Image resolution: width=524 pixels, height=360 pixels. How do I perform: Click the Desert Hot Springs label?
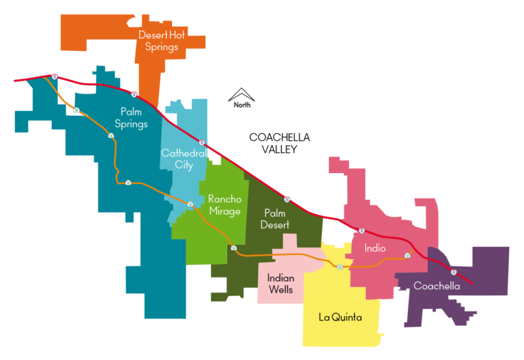(x=158, y=41)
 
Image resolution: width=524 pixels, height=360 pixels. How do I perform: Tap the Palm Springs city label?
(x=134, y=117)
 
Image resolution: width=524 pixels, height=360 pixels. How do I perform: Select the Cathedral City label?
(x=184, y=159)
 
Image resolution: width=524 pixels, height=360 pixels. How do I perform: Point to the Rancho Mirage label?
(x=224, y=205)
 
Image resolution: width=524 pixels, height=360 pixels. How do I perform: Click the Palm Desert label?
(x=276, y=219)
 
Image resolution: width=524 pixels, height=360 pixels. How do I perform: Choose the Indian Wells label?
(x=280, y=284)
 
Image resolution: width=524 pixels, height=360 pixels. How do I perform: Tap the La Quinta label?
(x=340, y=317)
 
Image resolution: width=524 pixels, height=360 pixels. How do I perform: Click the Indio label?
(x=375, y=248)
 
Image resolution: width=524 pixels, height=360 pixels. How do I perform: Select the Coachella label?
(x=437, y=286)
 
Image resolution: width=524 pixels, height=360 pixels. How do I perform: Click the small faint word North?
(x=242, y=105)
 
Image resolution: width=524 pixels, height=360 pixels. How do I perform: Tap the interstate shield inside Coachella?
(x=453, y=271)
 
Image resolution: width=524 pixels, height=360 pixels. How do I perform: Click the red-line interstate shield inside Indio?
(x=362, y=231)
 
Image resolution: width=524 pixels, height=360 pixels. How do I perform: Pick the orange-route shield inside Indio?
(x=407, y=255)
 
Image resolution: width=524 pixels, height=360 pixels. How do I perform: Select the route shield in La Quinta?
(x=339, y=265)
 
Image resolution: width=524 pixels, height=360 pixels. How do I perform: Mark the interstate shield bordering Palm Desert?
(x=287, y=199)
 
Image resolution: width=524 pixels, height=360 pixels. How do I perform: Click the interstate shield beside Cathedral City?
(x=202, y=142)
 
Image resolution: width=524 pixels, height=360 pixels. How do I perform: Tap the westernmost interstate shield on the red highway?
(x=54, y=76)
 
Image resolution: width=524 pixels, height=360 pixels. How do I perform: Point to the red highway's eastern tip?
(x=471, y=283)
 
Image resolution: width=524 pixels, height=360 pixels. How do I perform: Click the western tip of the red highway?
(x=14, y=80)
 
